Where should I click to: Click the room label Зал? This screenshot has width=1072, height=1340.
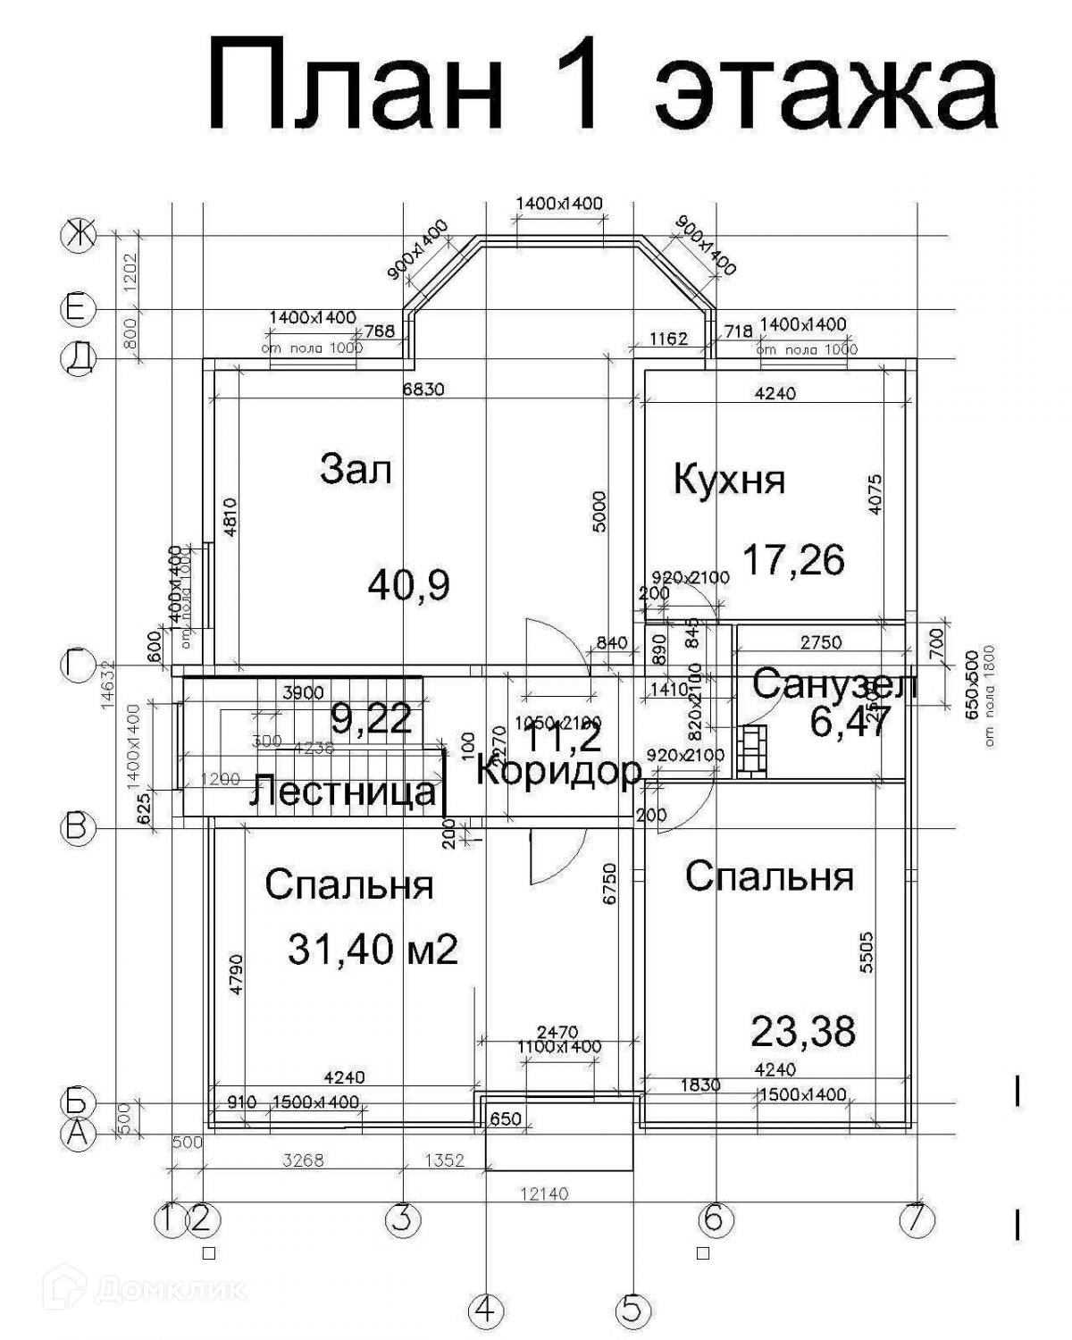click(x=356, y=470)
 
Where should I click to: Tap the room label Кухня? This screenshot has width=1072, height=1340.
click(x=729, y=480)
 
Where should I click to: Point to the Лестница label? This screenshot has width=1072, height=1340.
click(x=343, y=791)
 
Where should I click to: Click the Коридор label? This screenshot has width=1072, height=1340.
click(x=559, y=770)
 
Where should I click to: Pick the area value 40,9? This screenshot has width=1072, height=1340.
click(x=408, y=586)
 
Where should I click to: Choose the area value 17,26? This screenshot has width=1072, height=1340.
click(x=793, y=561)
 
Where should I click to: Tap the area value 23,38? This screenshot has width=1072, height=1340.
click(x=802, y=1031)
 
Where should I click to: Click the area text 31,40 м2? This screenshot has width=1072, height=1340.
click(x=373, y=949)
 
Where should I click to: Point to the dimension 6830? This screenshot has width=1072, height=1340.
click(x=423, y=389)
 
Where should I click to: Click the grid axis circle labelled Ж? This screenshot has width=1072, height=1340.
click(x=77, y=236)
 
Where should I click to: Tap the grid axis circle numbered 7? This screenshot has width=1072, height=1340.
click(x=917, y=1219)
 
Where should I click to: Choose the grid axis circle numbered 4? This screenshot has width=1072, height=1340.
click(x=484, y=1311)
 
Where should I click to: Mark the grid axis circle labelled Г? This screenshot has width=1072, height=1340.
click(x=77, y=666)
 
